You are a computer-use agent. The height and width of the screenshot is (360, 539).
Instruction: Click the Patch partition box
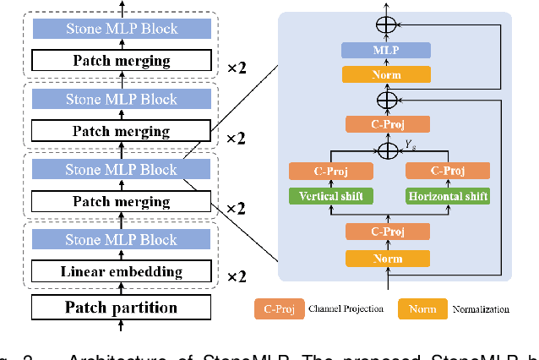pyautogui.click(x=122, y=307)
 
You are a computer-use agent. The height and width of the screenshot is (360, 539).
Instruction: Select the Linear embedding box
pyautogui.click(x=122, y=271)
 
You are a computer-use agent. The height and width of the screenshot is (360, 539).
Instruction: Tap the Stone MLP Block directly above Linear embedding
pyautogui.click(x=122, y=240)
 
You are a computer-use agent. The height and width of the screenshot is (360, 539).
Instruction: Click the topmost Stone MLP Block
pyautogui.click(x=122, y=29)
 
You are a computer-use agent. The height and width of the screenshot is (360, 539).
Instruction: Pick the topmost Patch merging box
pyautogui.click(x=122, y=60)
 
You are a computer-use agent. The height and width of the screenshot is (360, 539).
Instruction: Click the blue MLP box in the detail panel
pyautogui.click(x=386, y=51)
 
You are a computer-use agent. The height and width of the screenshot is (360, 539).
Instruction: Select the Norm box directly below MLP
pyautogui.click(x=386, y=74)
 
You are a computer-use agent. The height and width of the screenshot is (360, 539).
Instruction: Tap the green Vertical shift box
pyautogui.click(x=330, y=196)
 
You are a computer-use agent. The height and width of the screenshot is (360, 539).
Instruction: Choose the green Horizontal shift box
pyautogui.click(x=448, y=196)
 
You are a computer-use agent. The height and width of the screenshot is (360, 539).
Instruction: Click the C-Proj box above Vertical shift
pyautogui.click(x=330, y=171)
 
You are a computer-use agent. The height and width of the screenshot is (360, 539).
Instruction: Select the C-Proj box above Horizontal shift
pyautogui.click(x=448, y=171)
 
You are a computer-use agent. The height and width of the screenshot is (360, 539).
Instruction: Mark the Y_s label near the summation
pyautogui.click(x=411, y=144)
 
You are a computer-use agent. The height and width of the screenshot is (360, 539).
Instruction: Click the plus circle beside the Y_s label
pyautogui.click(x=388, y=150)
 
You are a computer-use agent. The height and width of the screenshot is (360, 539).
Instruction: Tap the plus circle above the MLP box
pyautogui.click(x=386, y=25)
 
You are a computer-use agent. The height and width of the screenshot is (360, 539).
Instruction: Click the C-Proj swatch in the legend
pyautogui.click(x=280, y=308)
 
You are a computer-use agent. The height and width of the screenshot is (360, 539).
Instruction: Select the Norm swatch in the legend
pyautogui.click(x=422, y=308)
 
